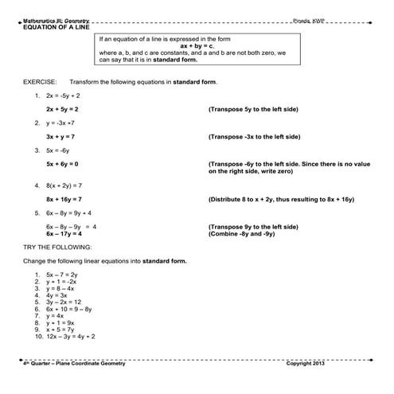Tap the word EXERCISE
39,81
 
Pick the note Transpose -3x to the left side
254,136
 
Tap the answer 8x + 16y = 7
64,199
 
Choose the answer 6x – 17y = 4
64,234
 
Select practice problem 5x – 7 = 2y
62,274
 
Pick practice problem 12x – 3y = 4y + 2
71,337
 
